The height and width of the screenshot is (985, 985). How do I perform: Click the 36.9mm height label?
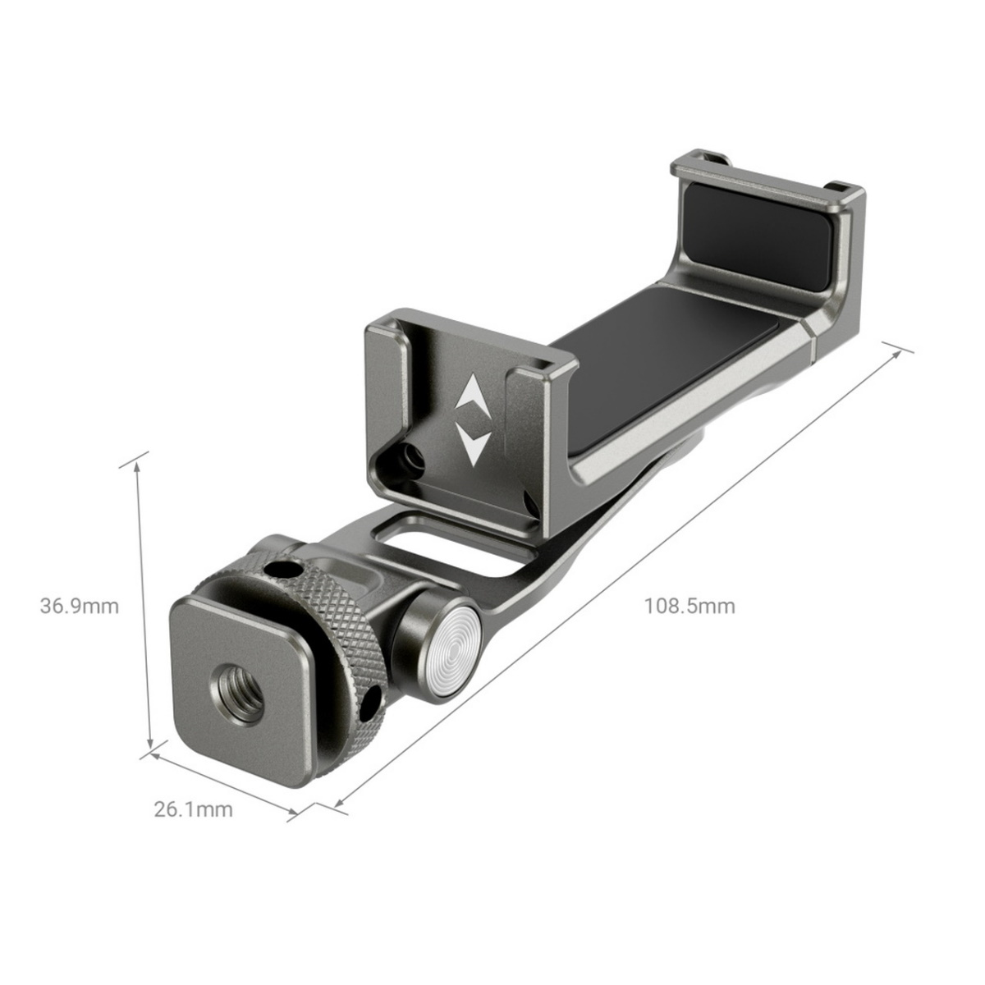tap(80, 607)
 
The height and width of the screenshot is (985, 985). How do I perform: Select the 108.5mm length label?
tap(689, 607)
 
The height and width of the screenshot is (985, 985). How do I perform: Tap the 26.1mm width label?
tap(194, 809)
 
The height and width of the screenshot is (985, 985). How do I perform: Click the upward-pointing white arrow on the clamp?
tap(473, 394)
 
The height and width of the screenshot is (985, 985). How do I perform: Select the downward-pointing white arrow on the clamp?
tap(474, 442)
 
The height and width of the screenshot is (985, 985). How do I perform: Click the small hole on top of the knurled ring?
tap(283, 568)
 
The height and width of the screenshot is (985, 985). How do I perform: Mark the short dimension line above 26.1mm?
tap(222, 779)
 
